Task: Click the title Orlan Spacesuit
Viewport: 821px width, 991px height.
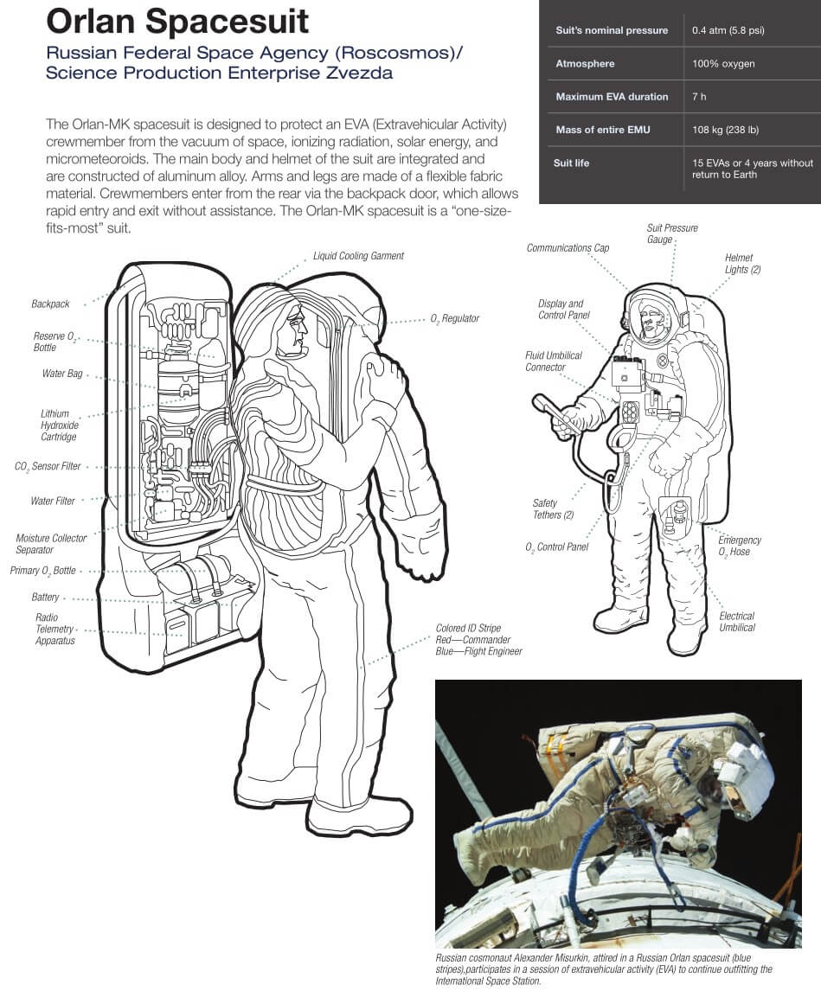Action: click(177, 21)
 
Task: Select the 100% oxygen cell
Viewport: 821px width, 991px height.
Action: click(723, 64)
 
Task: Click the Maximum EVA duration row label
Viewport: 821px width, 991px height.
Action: click(612, 97)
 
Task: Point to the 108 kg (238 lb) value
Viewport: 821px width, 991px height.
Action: click(725, 130)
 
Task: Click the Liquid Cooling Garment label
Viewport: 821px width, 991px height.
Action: click(358, 256)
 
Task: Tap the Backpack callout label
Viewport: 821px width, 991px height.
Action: click(50, 304)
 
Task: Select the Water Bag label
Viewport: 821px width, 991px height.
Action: click(62, 374)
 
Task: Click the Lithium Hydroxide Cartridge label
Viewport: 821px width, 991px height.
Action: click(59, 425)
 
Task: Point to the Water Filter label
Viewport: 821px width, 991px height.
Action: click(53, 501)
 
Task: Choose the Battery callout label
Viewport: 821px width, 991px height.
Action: click(45, 598)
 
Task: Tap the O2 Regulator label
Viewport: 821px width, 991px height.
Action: click(454, 319)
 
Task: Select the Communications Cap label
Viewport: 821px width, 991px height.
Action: click(568, 248)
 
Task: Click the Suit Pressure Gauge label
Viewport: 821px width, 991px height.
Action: click(671, 233)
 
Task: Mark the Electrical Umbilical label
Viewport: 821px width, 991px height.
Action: click(736, 622)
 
